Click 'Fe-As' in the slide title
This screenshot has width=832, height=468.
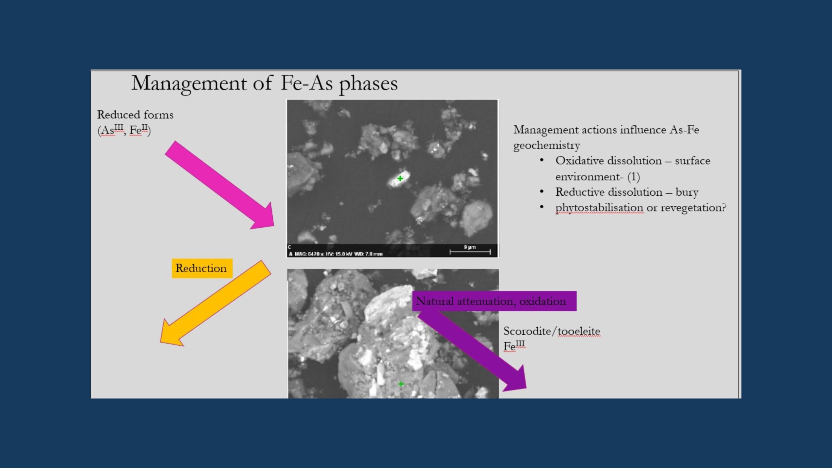point(306,83)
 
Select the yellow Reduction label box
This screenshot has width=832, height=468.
point(202,268)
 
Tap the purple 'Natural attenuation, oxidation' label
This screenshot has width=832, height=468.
point(494,301)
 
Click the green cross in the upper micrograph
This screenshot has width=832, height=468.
point(400,178)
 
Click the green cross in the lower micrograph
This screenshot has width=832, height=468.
point(401,384)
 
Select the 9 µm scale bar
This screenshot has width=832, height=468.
point(470,252)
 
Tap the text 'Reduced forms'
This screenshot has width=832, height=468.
point(135,115)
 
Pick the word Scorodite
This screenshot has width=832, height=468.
point(527,331)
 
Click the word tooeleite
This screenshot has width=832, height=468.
point(579,331)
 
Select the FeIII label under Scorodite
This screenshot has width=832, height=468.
point(514,346)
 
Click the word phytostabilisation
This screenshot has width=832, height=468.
point(599,207)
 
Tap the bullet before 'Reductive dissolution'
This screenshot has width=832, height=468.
point(541,191)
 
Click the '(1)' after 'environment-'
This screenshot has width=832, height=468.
point(633,176)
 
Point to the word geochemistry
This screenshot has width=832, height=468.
point(547,145)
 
